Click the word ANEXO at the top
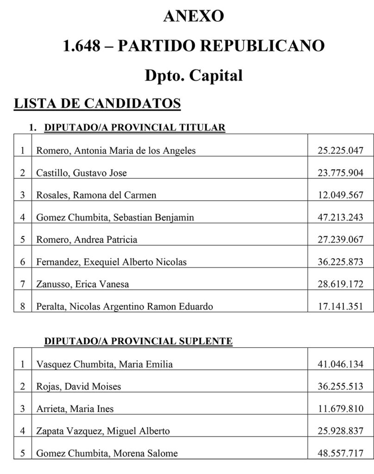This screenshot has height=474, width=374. (193, 16)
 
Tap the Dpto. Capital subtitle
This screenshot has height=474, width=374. (193, 75)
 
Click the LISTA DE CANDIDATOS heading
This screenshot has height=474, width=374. (97, 103)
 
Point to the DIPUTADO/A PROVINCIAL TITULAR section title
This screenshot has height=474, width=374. (134, 127)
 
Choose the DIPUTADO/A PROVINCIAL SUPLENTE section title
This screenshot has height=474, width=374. (138, 342)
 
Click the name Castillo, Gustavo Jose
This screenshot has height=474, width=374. (81, 173)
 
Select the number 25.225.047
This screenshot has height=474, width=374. (340, 150)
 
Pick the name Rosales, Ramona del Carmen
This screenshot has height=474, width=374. (96, 195)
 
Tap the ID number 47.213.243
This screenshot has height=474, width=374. (340, 217)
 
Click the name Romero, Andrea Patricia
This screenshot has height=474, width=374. (87, 239)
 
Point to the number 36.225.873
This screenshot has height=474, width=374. (340, 262)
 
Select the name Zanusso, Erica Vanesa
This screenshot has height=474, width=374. (82, 284)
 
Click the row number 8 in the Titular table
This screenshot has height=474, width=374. (22, 306)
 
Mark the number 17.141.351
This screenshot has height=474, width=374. (340, 306)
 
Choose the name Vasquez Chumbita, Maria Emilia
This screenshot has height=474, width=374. (104, 364)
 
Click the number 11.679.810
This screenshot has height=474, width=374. (340, 409)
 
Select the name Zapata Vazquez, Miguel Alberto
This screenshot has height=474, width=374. (103, 431)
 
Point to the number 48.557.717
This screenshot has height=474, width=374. (340, 453)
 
